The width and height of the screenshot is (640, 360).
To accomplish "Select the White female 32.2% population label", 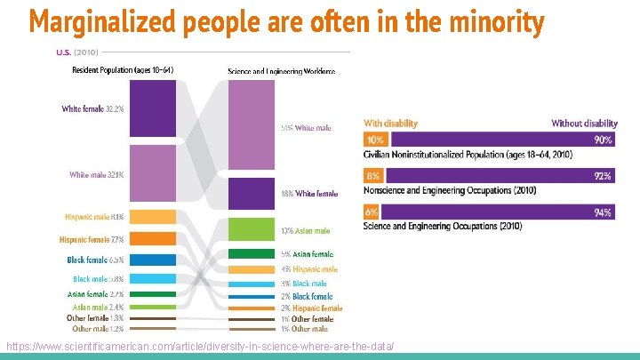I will click(92, 109).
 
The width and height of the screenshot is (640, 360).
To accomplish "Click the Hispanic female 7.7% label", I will click(92, 239).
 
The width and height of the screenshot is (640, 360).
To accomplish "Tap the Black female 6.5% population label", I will click(95, 260).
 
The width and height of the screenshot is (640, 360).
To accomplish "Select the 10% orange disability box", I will click(374, 140).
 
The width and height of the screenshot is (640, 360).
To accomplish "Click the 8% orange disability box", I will click(373, 177).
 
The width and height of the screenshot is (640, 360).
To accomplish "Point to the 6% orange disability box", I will click(372, 212).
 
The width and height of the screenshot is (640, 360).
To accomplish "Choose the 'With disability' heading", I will click(390, 124).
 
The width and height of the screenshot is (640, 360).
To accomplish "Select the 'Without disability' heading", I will click(584, 124).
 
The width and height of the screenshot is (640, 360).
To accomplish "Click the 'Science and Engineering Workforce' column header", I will click(281, 70).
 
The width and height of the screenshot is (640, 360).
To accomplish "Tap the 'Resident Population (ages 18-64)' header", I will click(122, 70).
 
